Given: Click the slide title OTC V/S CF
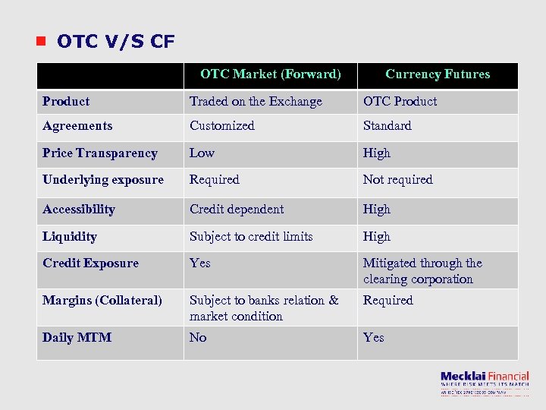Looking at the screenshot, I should (x=115, y=41).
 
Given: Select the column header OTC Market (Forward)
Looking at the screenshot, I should (x=270, y=74).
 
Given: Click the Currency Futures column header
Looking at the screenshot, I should (x=438, y=74).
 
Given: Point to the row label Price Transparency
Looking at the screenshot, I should (x=100, y=153).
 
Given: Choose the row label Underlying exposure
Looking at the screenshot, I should (x=103, y=180).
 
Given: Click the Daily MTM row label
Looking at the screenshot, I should (x=77, y=338).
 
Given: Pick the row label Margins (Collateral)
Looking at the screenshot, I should (x=102, y=301).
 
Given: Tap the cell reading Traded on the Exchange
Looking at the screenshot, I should (x=256, y=102).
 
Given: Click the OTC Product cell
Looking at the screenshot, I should (x=400, y=102).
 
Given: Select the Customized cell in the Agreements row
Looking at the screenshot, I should (x=222, y=126).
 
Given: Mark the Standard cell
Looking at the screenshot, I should (x=387, y=126).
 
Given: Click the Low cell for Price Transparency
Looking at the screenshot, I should (x=202, y=153).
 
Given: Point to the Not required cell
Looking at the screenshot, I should (x=397, y=180).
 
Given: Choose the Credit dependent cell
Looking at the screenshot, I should (x=237, y=210).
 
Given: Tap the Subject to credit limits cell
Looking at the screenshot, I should (x=251, y=237).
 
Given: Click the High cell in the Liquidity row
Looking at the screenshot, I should (x=376, y=237).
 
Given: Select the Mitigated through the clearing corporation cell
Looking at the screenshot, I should (x=422, y=271).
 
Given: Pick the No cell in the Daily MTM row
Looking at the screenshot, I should (x=198, y=338).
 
